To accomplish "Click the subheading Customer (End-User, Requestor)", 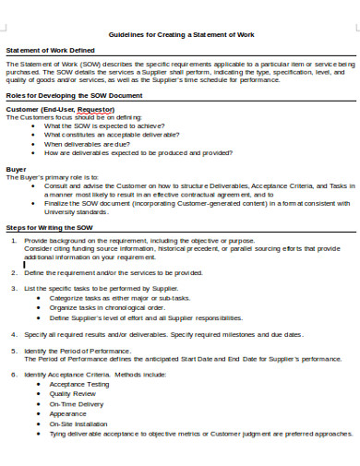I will [60, 109].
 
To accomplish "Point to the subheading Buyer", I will [16, 169].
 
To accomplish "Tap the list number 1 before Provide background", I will [14, 240].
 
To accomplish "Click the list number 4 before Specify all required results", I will [14, 333].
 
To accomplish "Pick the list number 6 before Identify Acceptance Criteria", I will [14, 376].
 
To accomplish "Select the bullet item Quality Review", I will [72, 395].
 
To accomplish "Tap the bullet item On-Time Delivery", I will [77, 404].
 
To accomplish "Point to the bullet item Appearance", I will [67, 413].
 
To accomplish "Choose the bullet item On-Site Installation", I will [78, 423].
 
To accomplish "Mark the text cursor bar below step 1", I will [23, 264].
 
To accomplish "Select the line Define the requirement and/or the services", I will [113, 273].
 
